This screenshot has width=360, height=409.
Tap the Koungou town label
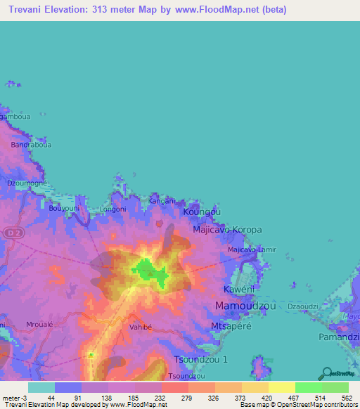point(202,212)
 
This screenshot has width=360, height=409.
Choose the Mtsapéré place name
point(231,327)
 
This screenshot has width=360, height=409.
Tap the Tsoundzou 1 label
point(200,359)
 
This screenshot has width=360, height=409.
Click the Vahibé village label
point(141,327)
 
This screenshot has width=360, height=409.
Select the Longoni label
point(113,209)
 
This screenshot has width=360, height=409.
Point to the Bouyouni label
point(64,209)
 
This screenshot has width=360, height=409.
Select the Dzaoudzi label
point(303,307)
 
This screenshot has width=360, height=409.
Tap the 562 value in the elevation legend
point(345,398)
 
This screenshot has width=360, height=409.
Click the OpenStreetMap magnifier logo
point(327,372)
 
